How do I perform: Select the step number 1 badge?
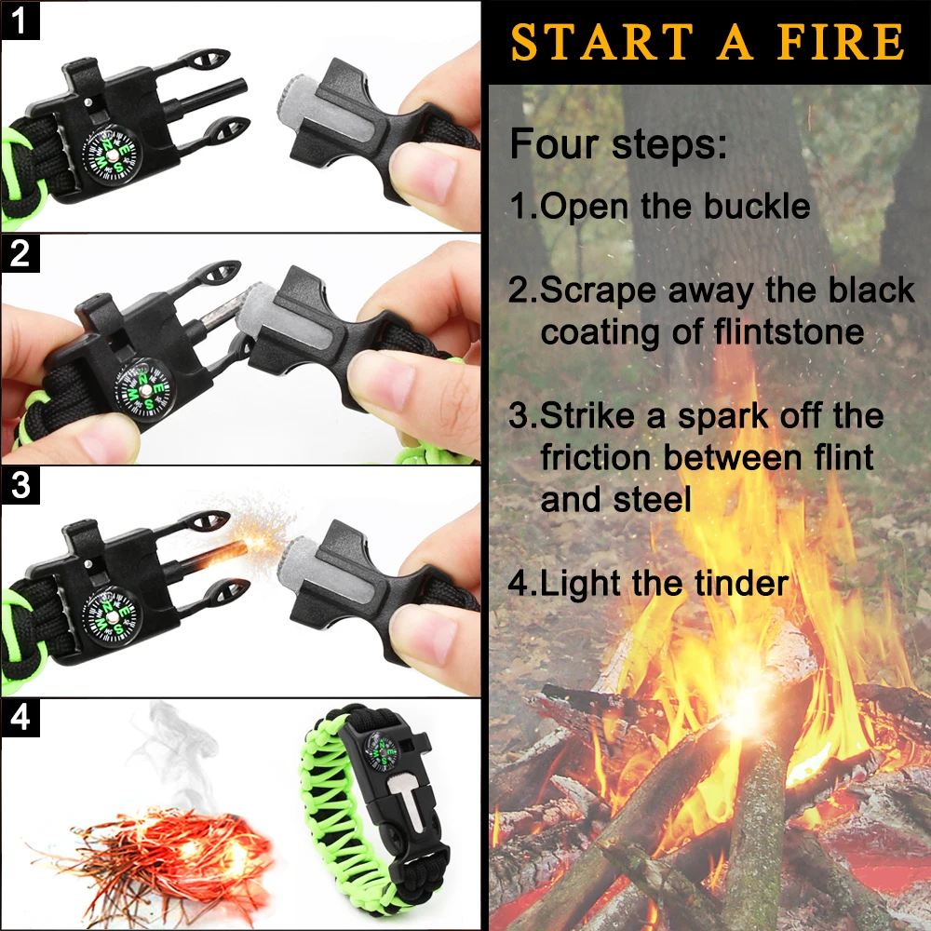point(20,20)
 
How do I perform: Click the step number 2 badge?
point(20,254)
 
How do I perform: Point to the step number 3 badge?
point(20,486)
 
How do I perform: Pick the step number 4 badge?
point(20,719)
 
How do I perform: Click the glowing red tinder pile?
point(168,847)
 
